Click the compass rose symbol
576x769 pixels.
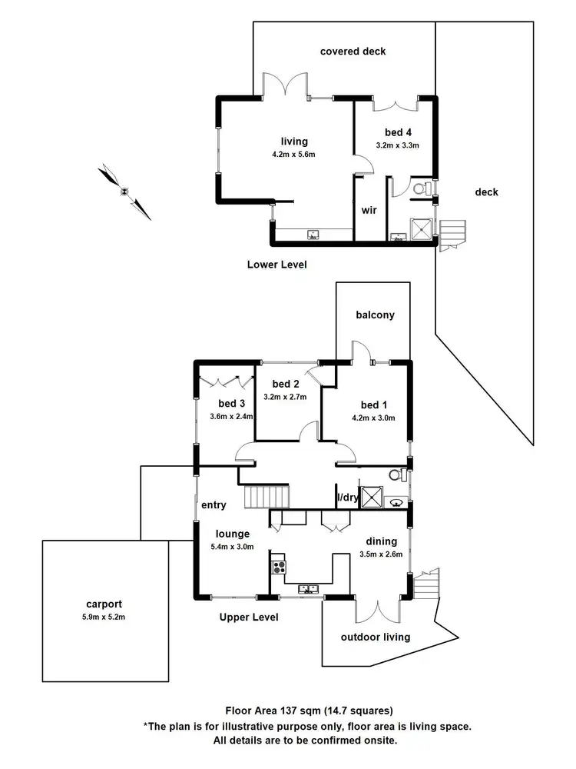point(124,191)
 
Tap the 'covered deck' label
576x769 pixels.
point(353,52)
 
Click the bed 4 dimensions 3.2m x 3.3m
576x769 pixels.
point(397,145)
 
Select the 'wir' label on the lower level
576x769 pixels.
point(369,210)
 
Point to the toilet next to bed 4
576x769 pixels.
point(421,188)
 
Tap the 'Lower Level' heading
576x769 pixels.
point(276,265)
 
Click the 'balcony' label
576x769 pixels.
point(375,315)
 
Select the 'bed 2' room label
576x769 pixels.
point(285,384)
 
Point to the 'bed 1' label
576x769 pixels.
point(370,405)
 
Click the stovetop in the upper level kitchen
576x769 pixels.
point(279,569)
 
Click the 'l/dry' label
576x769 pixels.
point(348,498)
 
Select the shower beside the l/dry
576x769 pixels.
point(372,497)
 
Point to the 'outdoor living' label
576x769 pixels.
point(376,637)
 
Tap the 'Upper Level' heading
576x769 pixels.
point(249,617)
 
